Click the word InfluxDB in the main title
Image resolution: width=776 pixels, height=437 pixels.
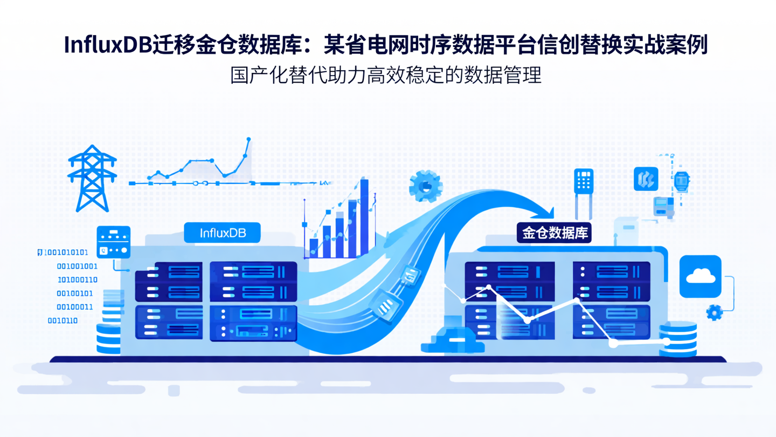107,45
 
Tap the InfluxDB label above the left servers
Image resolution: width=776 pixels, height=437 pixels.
223,233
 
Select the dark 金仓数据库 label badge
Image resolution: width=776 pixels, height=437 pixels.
555,233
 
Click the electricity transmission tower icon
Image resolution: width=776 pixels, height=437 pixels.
92,178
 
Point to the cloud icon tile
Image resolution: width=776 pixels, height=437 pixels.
700,277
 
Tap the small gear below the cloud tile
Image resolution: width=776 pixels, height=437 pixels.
714,312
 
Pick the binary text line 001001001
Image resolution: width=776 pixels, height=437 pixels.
77,266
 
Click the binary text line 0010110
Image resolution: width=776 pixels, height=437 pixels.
63,320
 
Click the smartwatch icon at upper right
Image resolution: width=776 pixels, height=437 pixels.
682,180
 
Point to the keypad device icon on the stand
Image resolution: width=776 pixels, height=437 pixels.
584,181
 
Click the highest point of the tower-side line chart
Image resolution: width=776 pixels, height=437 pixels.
248,140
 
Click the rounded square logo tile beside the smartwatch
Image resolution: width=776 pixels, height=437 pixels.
646,179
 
